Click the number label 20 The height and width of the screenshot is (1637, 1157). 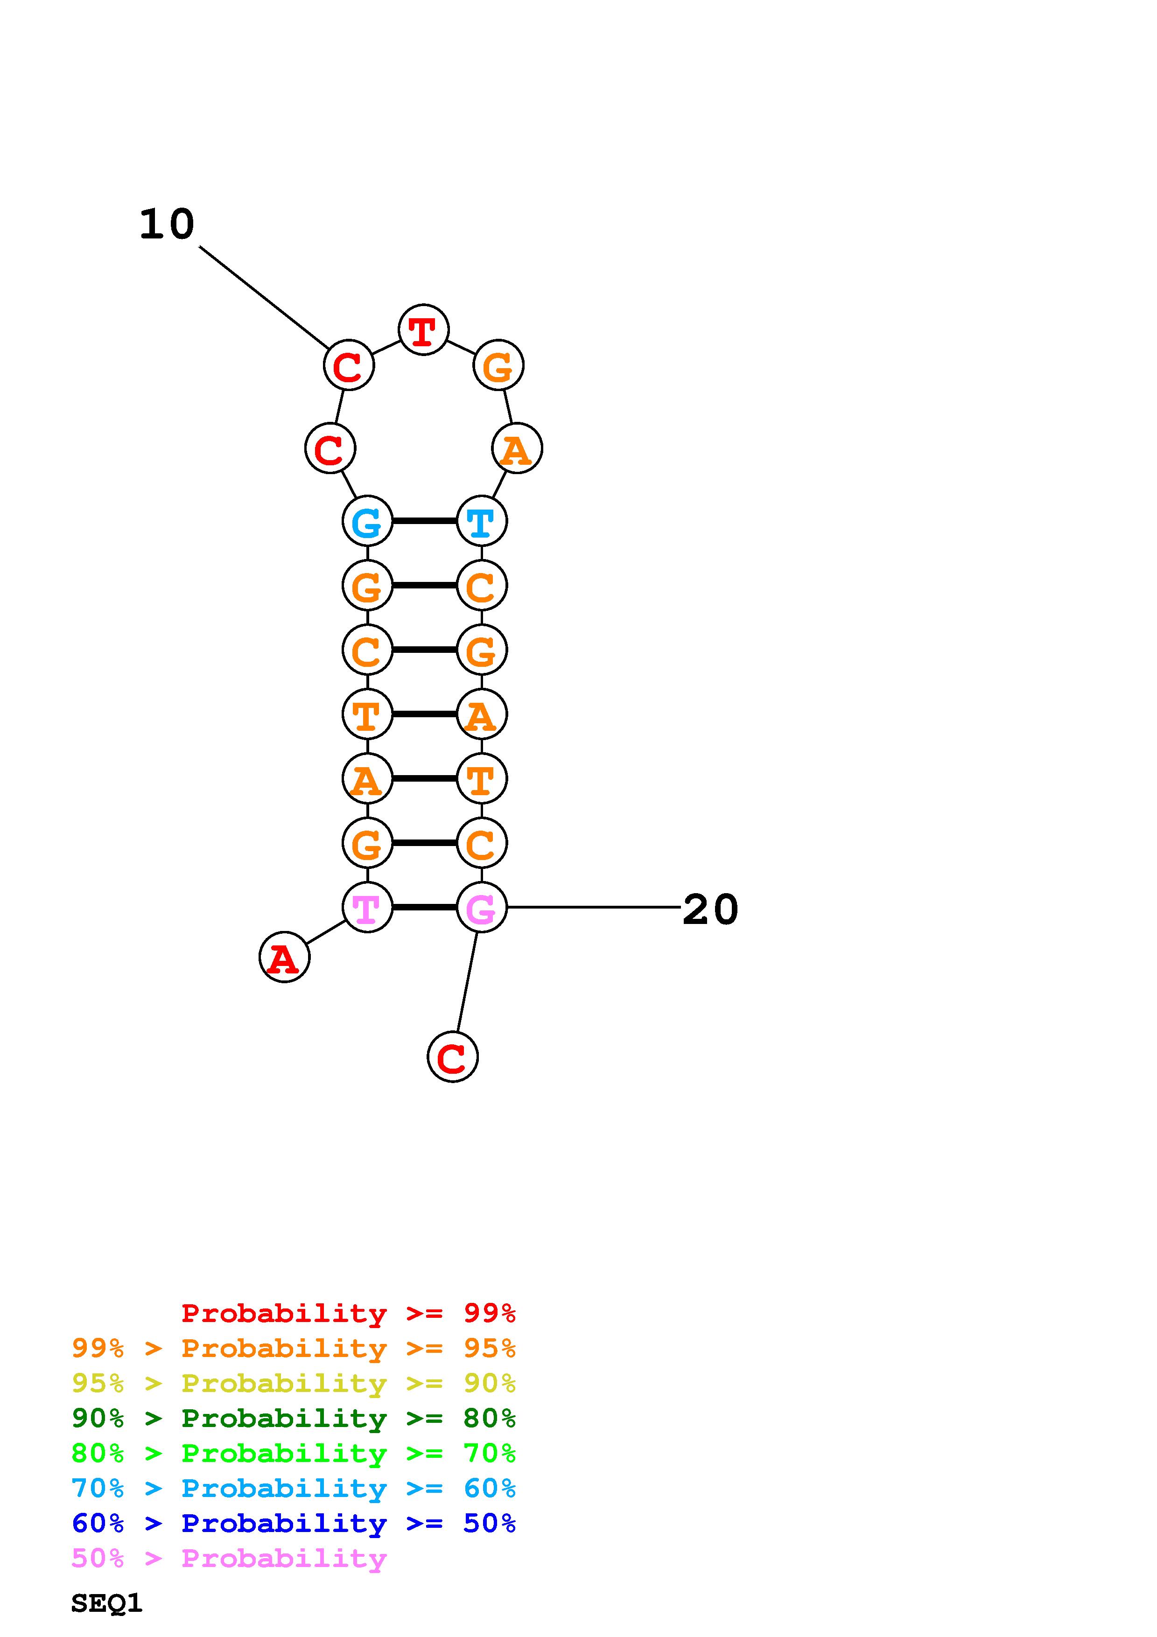709,910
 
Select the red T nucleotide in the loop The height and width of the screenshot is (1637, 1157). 423,330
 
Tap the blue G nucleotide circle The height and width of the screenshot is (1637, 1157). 367,521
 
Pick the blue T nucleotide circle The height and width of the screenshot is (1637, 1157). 481,521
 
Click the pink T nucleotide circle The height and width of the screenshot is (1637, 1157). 367,907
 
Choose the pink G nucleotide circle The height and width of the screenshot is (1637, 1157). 481,907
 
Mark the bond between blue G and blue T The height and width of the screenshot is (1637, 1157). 424,521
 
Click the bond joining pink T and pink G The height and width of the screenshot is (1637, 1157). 424,907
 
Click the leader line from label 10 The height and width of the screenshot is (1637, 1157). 264,297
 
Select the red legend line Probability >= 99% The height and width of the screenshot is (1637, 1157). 348,1313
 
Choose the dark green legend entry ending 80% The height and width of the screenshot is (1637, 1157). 294,1418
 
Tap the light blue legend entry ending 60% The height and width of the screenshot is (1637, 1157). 294,1488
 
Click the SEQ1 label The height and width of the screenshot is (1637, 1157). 107,1603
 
